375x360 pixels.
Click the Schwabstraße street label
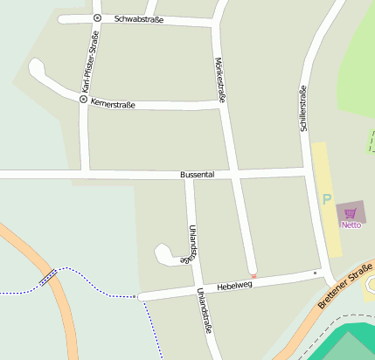138,18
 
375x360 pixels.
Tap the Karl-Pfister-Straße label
87,61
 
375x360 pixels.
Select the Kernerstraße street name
113,103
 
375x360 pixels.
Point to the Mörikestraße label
220,81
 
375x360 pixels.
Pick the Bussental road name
197,175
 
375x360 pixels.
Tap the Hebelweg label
233,285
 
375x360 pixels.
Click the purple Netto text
351,225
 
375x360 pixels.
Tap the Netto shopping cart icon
351,213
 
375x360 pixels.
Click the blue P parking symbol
327,199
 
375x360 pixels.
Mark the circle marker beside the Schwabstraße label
97,18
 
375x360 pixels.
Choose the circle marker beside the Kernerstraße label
83,100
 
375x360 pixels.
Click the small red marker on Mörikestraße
253,276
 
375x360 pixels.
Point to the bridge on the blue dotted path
48,278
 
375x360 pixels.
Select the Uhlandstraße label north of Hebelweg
190,244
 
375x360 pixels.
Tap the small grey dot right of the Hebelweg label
316,273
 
